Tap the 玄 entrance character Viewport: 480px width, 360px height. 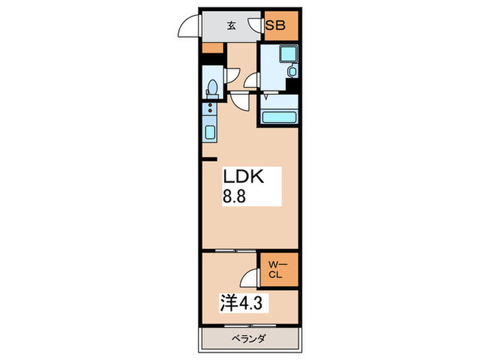[231, 26]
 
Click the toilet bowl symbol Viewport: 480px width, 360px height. [212, 89]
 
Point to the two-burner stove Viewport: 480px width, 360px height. [209, 109]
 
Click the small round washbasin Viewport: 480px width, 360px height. [291, 71]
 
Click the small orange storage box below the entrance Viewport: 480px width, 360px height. [212, 48]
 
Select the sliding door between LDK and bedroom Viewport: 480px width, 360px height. [230, 251]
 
